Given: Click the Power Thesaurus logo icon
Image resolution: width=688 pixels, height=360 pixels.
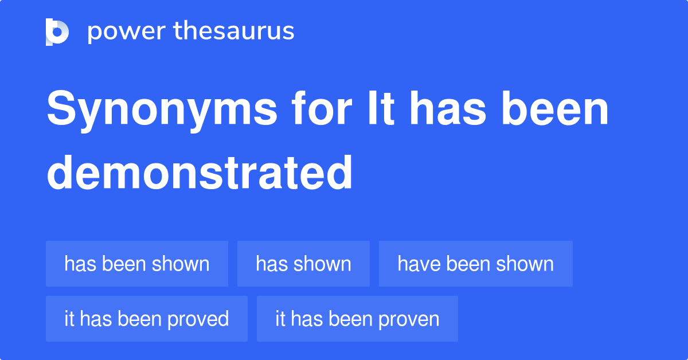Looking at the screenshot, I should (x=57, y=32).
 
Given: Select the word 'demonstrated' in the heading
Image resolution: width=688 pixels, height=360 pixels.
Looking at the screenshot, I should (x=199, y=172).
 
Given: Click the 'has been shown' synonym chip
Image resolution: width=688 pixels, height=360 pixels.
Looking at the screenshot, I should (x=137, y=264).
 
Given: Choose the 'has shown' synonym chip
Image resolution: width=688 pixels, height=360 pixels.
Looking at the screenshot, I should (x=303, y=264).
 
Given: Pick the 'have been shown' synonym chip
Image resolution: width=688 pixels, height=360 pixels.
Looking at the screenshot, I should (x=475, y=264).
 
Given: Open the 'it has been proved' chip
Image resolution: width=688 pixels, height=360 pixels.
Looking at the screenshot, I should (x=146, y=319).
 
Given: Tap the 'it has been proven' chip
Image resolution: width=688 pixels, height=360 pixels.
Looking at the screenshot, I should (x=357, y=319).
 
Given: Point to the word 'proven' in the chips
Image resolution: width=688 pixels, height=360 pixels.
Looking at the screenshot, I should (x=412, y=319).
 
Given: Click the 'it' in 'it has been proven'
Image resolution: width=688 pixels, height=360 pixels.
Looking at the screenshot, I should (x=280, y=319).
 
